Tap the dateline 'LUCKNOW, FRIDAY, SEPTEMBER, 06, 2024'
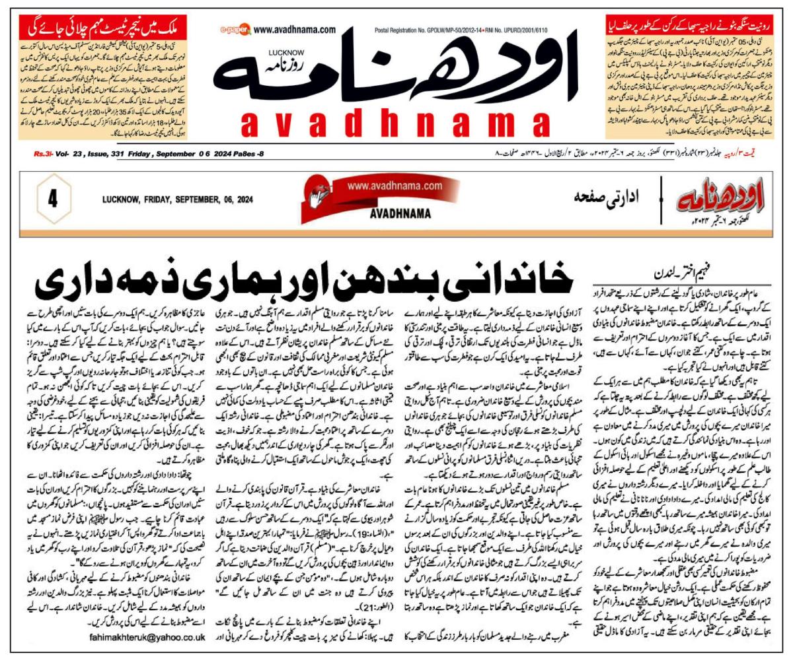178,199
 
